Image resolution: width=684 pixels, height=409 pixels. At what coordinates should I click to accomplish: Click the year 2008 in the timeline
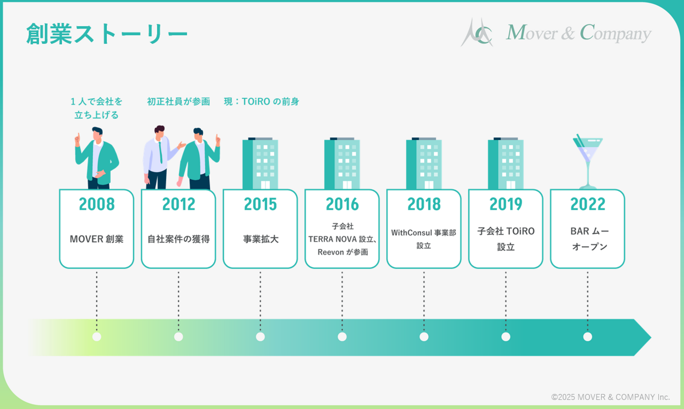(x=96, y=204)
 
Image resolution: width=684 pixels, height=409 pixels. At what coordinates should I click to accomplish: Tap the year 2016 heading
(x=342, y=204)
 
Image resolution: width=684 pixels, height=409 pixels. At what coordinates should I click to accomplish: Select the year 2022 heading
(x=588, y=204)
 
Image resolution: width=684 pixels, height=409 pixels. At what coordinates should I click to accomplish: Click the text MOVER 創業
(x=96, y=239)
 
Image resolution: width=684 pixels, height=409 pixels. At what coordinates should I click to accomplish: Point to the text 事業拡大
(x=260, y=239)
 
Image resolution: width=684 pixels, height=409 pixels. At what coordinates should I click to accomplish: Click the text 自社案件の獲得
(x=179, y=239)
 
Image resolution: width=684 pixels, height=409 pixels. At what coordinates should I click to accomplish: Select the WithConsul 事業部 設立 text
(x=424, y=239)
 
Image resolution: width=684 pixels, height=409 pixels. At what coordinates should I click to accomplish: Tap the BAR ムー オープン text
(x=589, y=239)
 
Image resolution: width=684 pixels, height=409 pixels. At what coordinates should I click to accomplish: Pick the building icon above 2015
(x=260, y=163)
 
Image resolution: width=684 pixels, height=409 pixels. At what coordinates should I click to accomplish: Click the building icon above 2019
(x=506, y=163)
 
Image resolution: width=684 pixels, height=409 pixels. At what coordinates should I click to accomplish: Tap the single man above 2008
(x=97, y=158)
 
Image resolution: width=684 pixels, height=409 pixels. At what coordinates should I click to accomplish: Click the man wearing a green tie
(x=162, y=157)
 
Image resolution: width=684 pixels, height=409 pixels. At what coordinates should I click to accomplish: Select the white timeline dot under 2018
(x=424, y=337)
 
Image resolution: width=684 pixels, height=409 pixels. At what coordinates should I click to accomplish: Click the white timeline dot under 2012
(x=179, y=337)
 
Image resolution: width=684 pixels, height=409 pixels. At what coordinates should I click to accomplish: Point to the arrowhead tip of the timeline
(x=651, y=337)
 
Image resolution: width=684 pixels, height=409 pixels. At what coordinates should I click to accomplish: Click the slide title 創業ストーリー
(x=106, y=34)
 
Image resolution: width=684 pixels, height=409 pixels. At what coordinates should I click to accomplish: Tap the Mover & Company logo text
(x=579, y=32)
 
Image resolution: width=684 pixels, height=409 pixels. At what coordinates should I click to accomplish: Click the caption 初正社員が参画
(x=179, y=101)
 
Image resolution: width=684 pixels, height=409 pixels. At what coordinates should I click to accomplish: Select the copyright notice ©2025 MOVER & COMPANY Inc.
(x=610, y=397)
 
